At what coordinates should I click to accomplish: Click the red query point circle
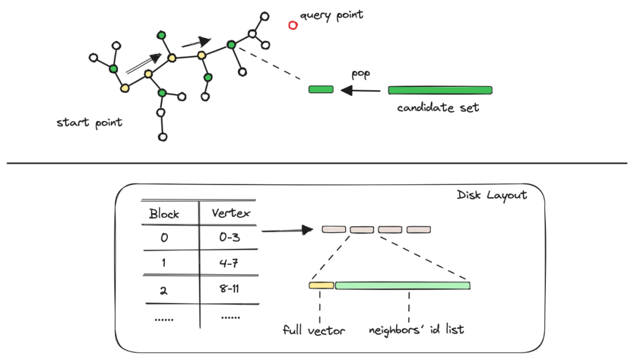293,25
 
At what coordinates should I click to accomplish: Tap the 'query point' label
332,15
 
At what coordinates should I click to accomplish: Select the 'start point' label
89,123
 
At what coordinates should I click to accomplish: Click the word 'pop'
360,74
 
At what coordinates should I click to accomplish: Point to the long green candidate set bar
440,90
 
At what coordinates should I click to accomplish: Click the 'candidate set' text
438,108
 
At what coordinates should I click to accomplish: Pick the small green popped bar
321,89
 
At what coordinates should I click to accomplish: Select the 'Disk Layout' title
491,195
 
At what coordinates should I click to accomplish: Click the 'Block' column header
164,214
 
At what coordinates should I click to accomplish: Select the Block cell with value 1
164,264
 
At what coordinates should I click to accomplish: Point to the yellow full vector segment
321,285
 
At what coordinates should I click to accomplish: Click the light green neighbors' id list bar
402,285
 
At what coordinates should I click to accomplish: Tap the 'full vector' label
313,330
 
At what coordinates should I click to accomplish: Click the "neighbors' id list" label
416,329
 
